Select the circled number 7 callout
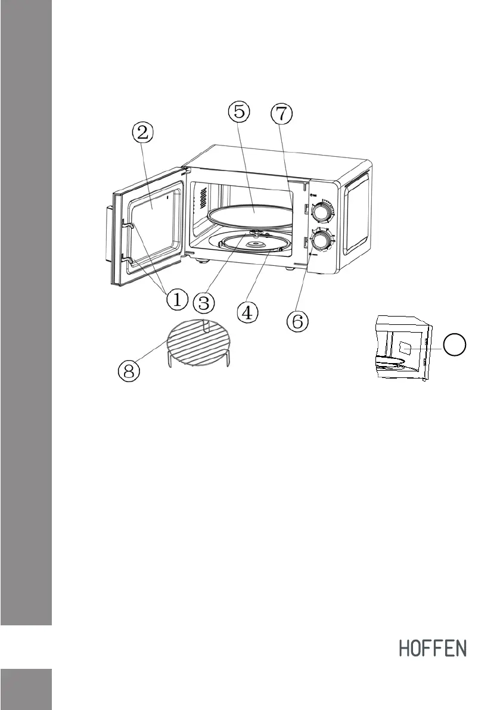coord(281,114)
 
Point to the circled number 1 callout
coord(177,300)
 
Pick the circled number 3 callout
coord(204,302)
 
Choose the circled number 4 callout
coord(249,311)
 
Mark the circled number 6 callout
coord(297,322)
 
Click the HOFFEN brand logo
coord(432,649)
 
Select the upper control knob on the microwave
coord(322,212)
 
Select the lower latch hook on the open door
coord(128,259)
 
